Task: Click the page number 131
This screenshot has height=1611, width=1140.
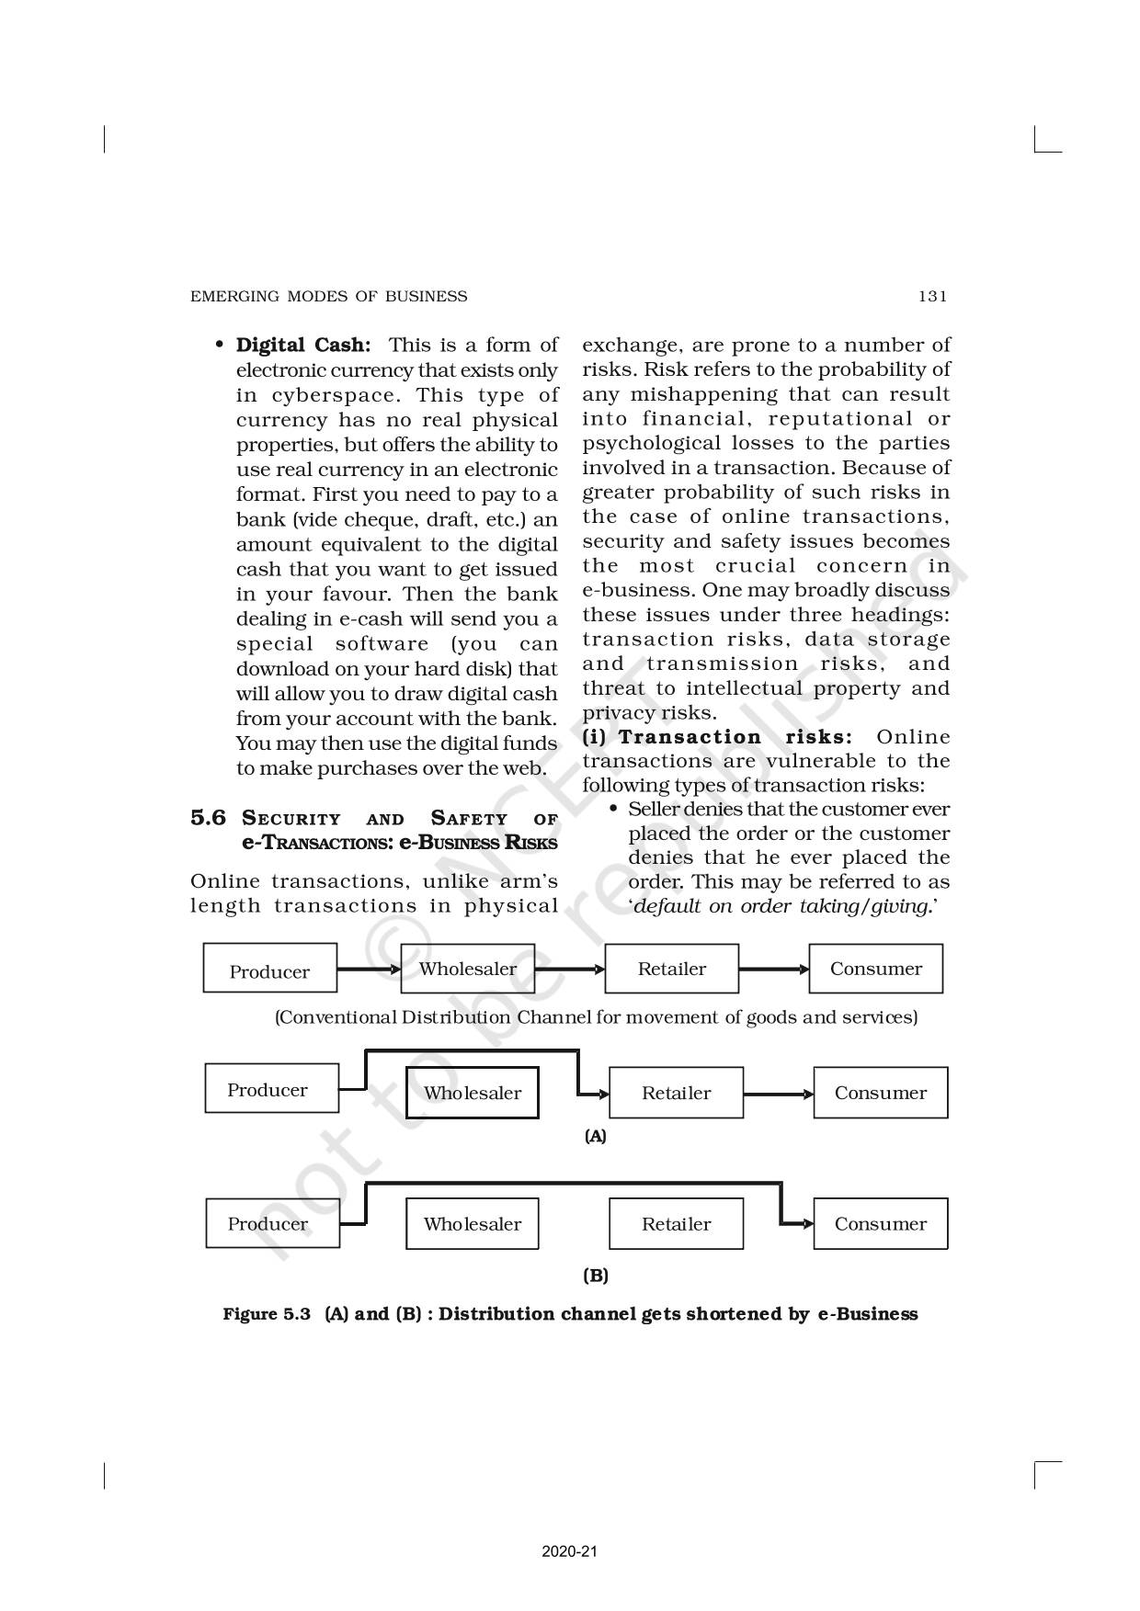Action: point(931,296)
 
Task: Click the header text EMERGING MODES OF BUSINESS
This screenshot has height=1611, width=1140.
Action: point(328,296)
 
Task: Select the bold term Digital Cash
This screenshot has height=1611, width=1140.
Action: point(303,346)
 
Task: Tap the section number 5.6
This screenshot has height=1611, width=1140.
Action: point(208,818)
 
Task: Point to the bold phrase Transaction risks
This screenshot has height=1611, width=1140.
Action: point(735,737)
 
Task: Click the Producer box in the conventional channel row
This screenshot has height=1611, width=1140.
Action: point(269,969)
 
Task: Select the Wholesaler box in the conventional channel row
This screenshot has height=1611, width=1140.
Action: point(468,969)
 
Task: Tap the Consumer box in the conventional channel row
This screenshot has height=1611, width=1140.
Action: point(875,969)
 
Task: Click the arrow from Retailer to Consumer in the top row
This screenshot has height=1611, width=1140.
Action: point(774,969)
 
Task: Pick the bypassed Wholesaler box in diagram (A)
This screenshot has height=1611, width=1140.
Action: point(472,1093)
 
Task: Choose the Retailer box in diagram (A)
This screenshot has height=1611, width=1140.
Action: point(676,1093)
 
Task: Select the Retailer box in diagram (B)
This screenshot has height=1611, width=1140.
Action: point(676,1224)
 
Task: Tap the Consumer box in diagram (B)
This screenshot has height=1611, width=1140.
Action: point(880,1224)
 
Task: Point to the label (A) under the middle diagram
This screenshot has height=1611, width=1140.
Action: point(596,1137)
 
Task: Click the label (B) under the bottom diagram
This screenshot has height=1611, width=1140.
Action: point(596,1276)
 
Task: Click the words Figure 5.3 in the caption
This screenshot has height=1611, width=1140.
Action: point(267,1314)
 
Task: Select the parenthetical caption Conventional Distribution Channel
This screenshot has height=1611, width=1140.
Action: point(596,1017)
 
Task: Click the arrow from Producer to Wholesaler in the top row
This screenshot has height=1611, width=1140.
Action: point(369,969)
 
